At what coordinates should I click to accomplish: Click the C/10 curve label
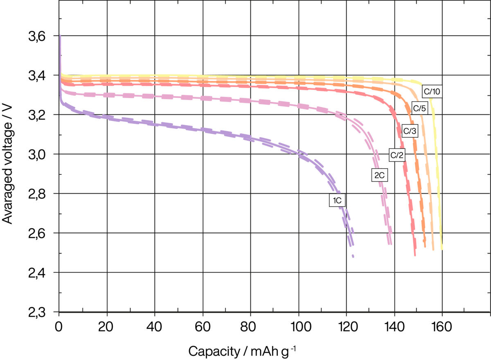point(432,92)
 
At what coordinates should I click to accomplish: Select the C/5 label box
point(419,109)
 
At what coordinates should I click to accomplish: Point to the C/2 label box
point(397,155)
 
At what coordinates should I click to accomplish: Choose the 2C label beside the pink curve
point(379,175)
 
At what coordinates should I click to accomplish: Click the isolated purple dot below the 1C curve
point(353,256)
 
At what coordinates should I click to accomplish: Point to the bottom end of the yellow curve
point(442,249)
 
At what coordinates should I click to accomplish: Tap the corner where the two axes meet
point(60,312)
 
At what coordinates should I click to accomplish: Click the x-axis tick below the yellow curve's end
point(442,315)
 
